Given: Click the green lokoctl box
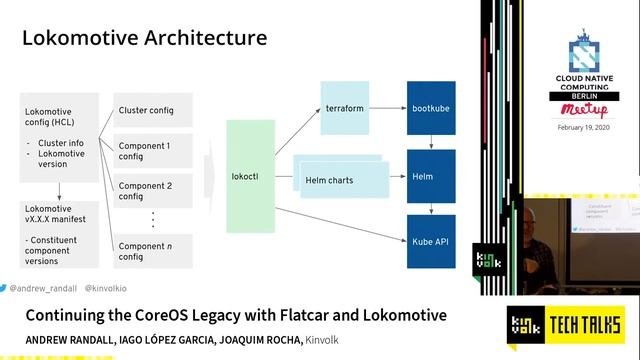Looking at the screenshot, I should [x=250, y=176].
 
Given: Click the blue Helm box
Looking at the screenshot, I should [x=432, y=177].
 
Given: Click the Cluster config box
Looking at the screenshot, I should [x=154, y=110].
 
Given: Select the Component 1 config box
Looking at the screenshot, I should [x=154, y=152].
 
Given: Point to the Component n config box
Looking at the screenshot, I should [x=154, y=251].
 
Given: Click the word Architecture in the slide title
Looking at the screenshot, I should [x=200, y=38].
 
